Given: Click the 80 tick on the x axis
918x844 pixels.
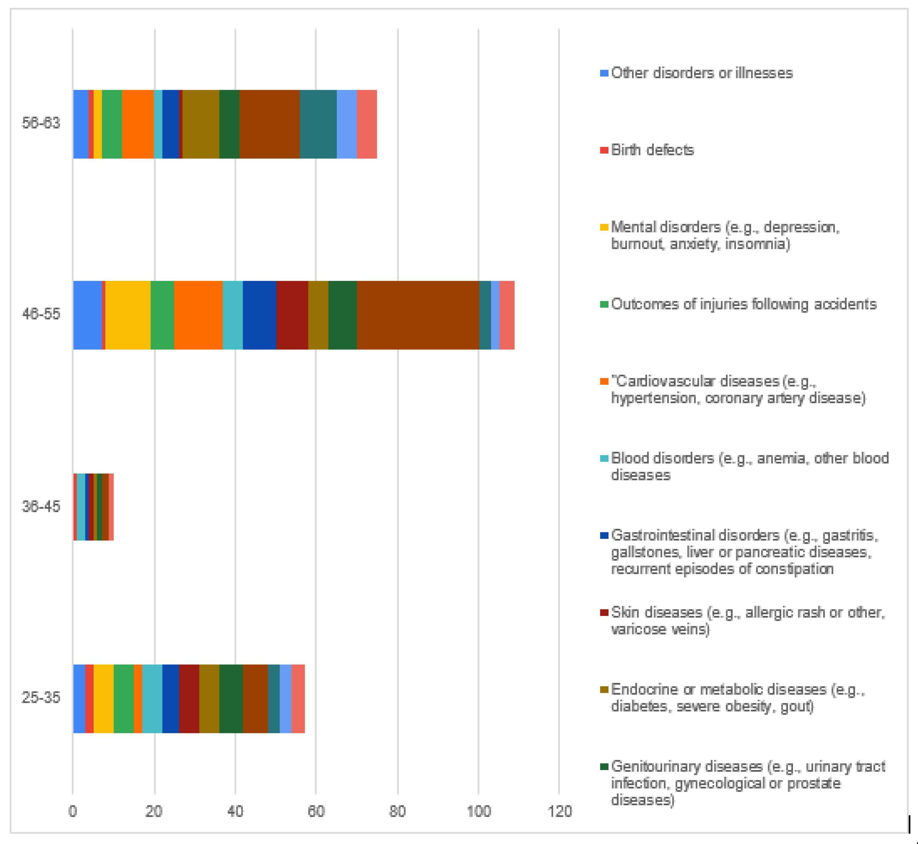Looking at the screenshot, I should pyautogui.click(x=397, y=812).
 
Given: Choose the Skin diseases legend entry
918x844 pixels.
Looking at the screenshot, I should pyautogui.click(x=747, y=620).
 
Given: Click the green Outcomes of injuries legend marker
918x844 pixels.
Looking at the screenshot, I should pyautogui.click(x=604, y=304).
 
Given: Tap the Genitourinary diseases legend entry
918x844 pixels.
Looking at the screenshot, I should pyautogui.click(x=747, y=783).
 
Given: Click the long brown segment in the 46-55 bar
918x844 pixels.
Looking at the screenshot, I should pyautogui.click(x=417, y=315).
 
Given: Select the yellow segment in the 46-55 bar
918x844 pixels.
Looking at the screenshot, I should pyautogui.click(x=128, y=315).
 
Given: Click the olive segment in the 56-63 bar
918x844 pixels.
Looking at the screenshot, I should pyautogui.click(x=201, y=124).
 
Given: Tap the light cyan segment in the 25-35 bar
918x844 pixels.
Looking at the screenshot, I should pyautogui.click(x=152, y=699).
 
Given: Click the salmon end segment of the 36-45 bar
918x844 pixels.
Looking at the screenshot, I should pyautogui.click(x=111, y=507).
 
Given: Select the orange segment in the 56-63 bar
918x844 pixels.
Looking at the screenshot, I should pyautogui.click(x=138, y=124).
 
